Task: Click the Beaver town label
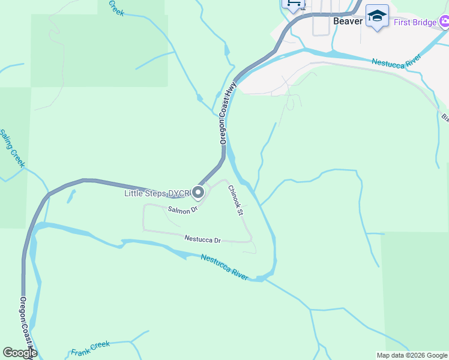pyautogui.click(x=348, y=21)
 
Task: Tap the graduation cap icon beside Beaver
pyautogui.click(x=377, y=16)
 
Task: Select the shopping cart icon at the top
pyautogui.click(x=293, y=4)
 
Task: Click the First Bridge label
pyautogui.click(x=415, y=23)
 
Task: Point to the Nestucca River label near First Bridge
pyautogui.click(x=396, y=61)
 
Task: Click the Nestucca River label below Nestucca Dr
pyautogui.click(x=224, y=267)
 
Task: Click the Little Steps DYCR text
pyautogui.click(x=156, y=193)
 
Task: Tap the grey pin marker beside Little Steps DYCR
pyautogui.click(x=197, y=193)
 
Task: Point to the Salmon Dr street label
pyautogui.click(x=182, y=210)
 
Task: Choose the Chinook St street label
pyautogui.click(x=235, y=200)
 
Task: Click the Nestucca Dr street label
pyautogui.click(x=203, y=239)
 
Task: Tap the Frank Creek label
pyautogui.click(x=90, y=348)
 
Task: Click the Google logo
pyautogui.click(x=19, y=353)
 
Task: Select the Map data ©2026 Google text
pyautogui.click(x=412, y=355)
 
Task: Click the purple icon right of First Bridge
pyautogui.click(x=444, y=23)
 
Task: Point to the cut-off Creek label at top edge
pyautogui.click(x=116, y=8)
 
